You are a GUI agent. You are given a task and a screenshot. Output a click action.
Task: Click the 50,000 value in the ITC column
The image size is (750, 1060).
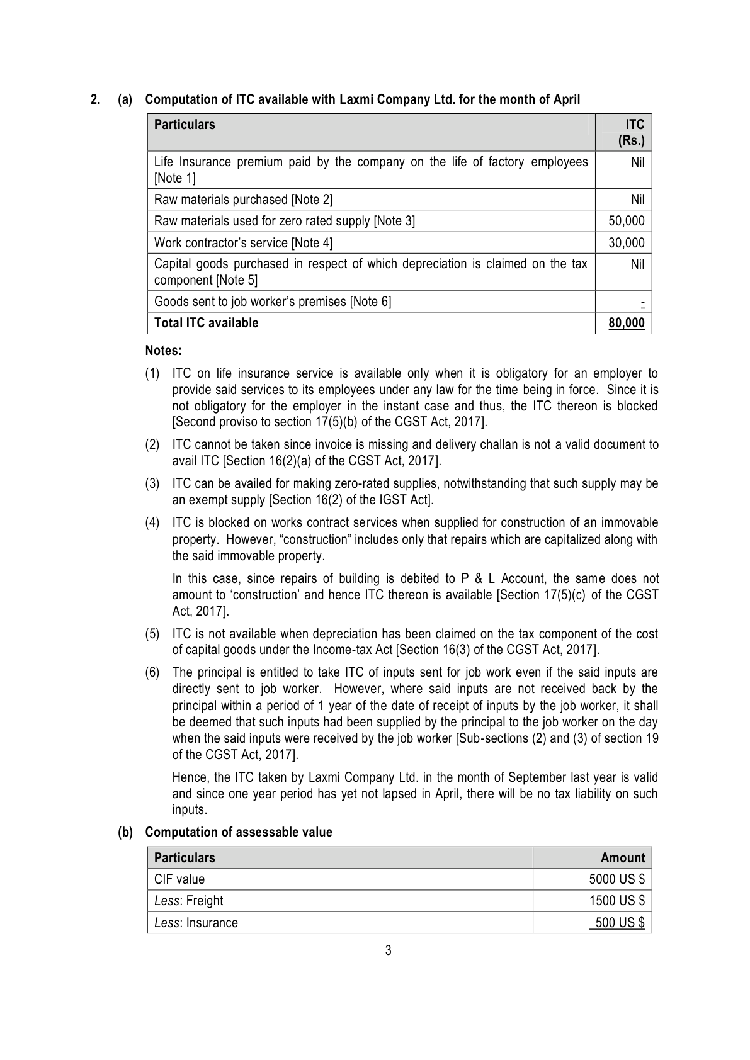pyautogui.click(x=626, y=221)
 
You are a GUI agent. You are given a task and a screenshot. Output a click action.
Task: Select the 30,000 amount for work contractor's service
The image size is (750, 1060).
pyautogui.click(x=626, y=243)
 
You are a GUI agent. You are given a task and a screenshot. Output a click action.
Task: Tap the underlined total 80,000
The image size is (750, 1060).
pyautogui.click(x=626, y=323)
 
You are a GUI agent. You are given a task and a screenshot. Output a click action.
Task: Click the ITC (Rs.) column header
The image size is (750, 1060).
pyautogui.click(x=632, y=132)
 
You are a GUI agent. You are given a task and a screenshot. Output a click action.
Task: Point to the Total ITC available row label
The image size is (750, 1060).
pyautogui.click(x=206, y=323)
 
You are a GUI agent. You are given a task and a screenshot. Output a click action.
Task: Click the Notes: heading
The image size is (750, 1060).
pyautogui.click(x=163, y=350)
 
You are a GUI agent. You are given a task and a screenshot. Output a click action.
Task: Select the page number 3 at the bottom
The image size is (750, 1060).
pyautogui.click(x=388, y=950)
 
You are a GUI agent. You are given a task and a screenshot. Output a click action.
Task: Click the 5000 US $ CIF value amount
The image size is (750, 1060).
pyautogui.click(x=616, y=879)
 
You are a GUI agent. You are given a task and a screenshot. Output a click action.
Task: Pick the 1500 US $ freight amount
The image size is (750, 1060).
pyautogui.click(x=616, y=901)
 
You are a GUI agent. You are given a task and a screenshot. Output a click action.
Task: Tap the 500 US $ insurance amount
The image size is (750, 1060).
pyautogui.click(x=620, y=923)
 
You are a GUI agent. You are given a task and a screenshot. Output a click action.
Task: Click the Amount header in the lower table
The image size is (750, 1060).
pyautogui.click(x=623, y=858)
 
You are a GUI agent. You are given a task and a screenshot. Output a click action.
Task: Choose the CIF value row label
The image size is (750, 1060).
pyautogui.click(x=179, y=879)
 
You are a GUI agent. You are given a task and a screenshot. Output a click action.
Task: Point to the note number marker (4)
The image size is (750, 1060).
pyautogui.click(x=152, y=523)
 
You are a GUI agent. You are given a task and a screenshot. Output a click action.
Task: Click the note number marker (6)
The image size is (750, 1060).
pyautogui.click(x=152, y=673)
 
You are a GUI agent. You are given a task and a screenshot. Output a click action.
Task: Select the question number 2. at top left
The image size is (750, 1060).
pyautogui.click(x=95, y=99)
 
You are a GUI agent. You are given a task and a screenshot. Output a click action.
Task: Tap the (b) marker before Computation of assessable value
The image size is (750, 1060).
pyautogui.click(x=126, y=832)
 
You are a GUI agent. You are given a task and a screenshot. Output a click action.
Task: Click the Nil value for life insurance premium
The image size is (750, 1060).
pyautogui.click(x=637, y=162)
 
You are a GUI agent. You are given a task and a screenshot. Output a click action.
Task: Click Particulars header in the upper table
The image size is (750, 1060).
pyautogui.click(x=185, y=125)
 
